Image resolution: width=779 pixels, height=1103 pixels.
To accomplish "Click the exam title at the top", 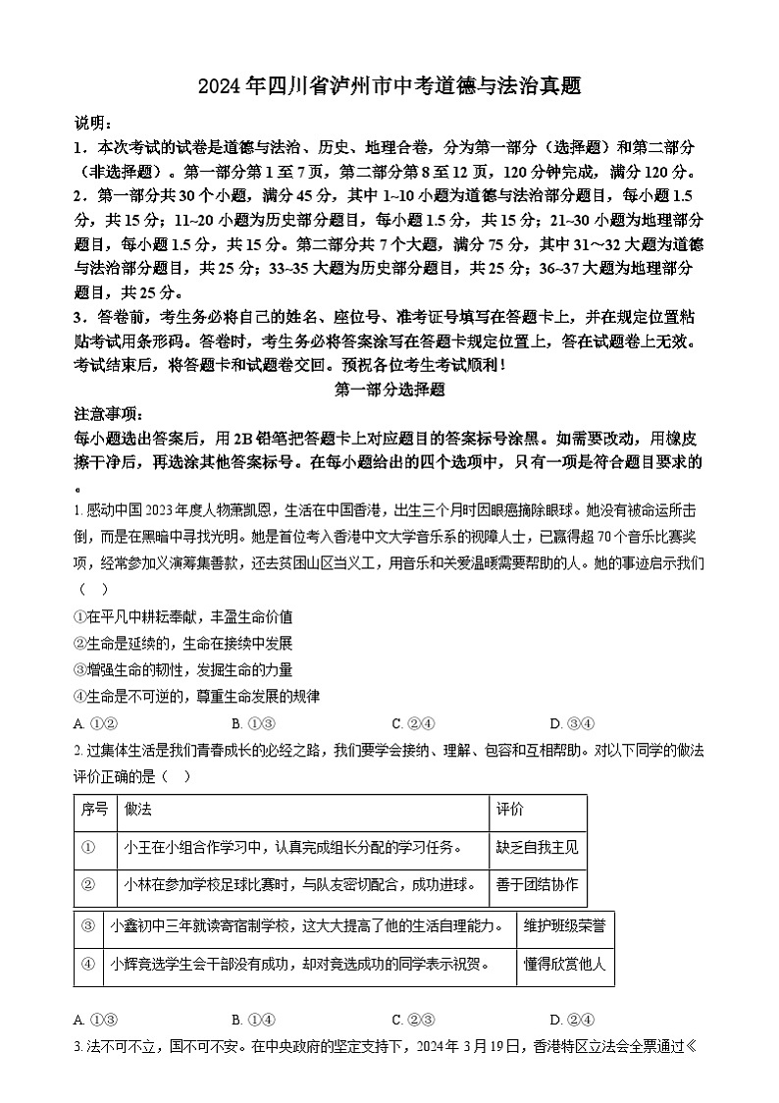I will (x=389, y=86).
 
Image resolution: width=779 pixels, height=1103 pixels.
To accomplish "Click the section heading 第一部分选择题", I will (x=389, y=389).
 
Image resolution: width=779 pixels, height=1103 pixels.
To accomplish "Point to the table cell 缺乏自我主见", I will (x=537, y=847).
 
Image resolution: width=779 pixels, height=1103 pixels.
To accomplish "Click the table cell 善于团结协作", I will (x=537, y=885).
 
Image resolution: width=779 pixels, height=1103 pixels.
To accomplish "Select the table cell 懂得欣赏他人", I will (x=564, y=965).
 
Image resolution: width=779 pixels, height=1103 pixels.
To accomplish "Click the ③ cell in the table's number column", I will (x=88, y=925).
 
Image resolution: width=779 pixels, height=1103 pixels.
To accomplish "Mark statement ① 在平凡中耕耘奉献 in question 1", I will (x=182, y=617).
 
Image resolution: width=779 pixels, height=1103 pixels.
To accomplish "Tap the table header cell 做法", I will (x=138, y=809).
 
